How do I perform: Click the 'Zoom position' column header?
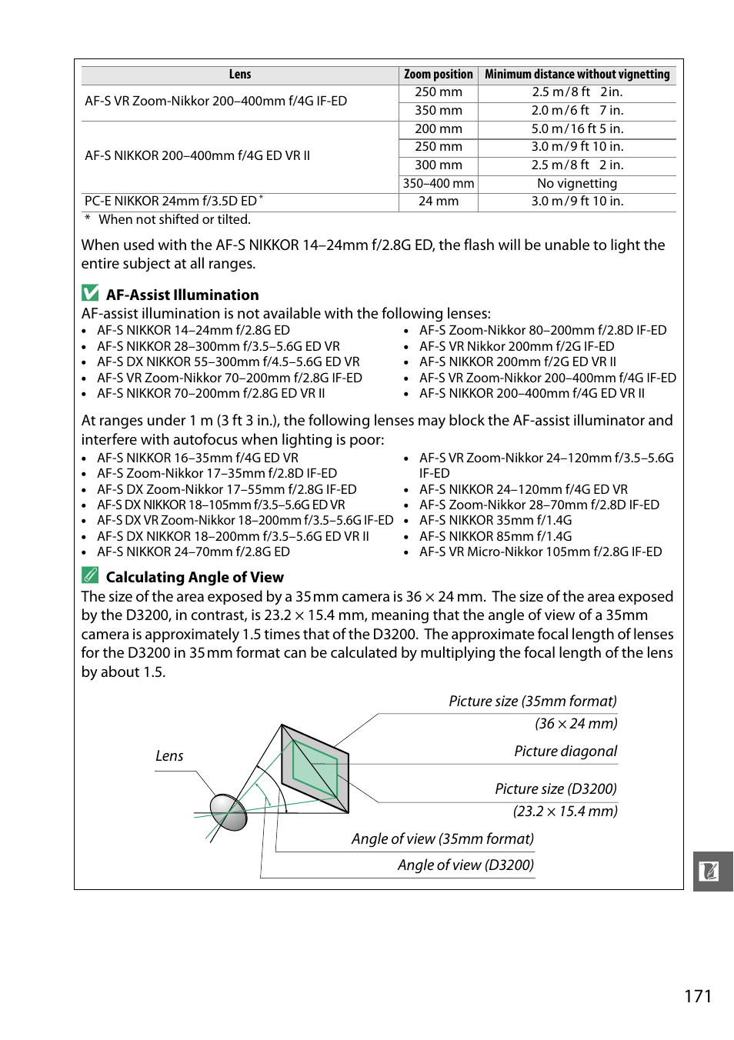coord(438,75)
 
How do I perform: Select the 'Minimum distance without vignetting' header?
coord(577,75)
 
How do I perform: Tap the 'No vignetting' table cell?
coord(577,184)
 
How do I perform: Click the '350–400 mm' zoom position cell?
coord(439,184)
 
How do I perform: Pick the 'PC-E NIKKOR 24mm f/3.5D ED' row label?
coord(171,202)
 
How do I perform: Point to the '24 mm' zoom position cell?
coord(439,202)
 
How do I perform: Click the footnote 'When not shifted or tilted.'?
coord(175,220)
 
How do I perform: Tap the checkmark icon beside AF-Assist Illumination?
coord(91,293)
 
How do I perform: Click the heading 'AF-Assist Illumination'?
coord(182,295)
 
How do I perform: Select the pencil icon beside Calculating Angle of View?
coord(91,575)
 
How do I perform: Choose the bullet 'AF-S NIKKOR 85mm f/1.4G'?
coord(495,536)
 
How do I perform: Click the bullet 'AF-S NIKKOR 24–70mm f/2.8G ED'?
coord(193,552)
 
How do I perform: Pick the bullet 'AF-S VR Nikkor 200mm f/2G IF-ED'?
coord(516,347)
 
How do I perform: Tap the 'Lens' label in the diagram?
coord(169,756)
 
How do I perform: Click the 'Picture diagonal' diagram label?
coord(566,752)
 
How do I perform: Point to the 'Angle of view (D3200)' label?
coord(465,865)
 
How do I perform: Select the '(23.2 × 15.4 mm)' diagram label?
coord(565,812)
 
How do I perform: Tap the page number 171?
coord(698,997)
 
